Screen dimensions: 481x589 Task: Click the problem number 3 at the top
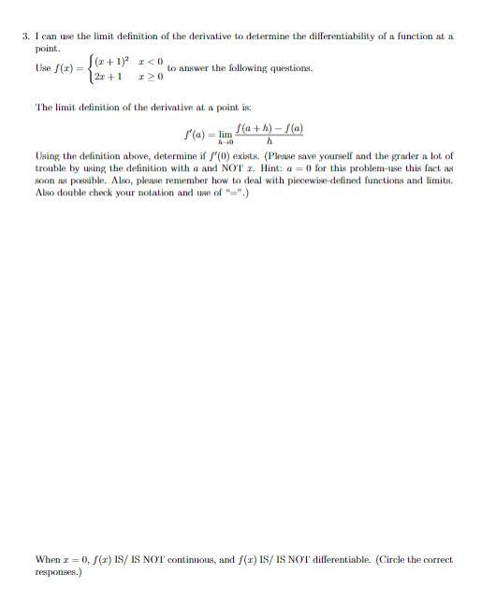[x=24, y=36]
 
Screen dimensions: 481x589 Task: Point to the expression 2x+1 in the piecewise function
[x=105, y=75]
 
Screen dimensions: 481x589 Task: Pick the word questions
[x=289, y=68]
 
